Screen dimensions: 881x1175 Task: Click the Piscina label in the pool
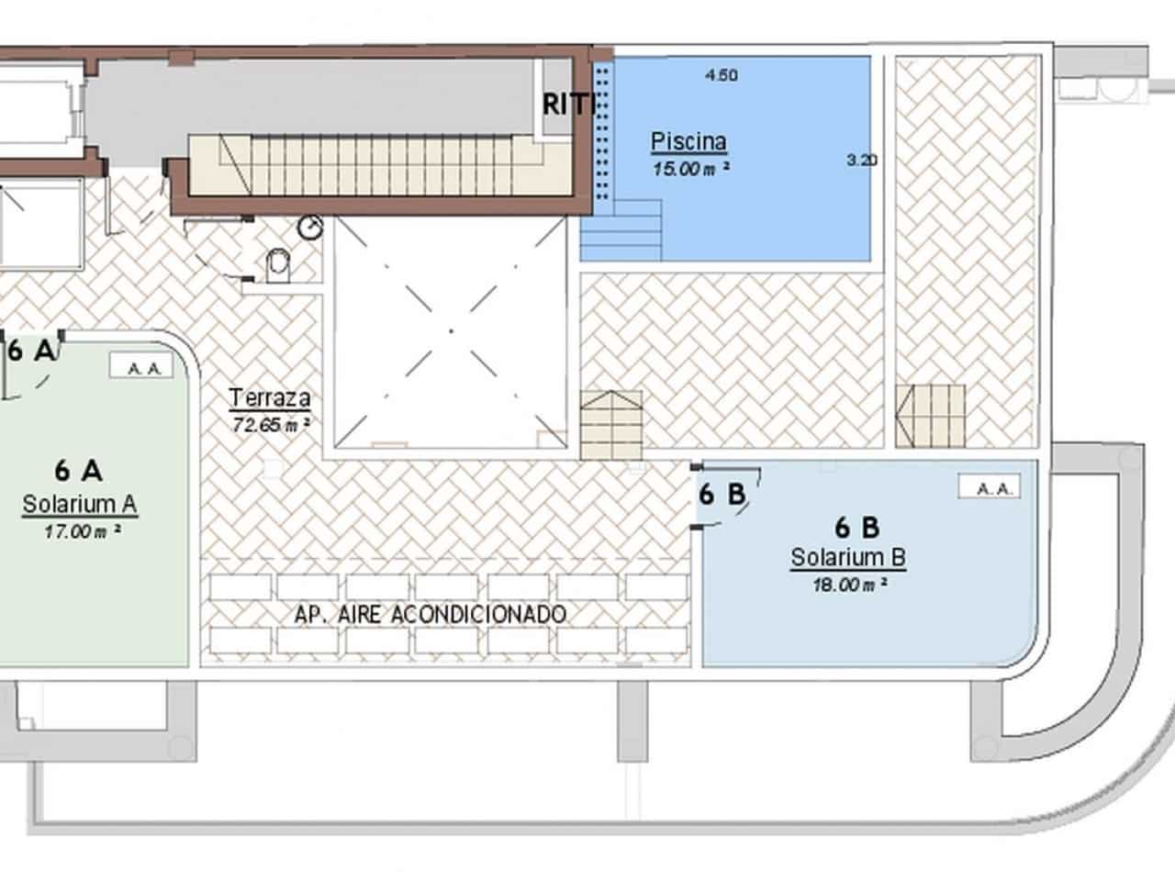coord(688,141)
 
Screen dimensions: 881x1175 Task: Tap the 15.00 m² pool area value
coord(690,169)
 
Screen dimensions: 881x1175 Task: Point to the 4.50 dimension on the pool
coord(722,75)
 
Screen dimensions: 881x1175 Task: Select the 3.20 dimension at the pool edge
coord(862,160)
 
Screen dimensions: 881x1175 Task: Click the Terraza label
coord(269,398)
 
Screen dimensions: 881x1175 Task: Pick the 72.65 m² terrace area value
coord(271,425)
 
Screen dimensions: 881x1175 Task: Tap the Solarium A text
coord(80,504)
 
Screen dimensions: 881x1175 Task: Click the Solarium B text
coord(848,557)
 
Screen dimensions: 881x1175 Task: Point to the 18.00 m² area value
coord(849,585)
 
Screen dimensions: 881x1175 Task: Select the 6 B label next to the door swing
coord(722,495)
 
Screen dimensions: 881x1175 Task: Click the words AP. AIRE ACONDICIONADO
coord(431,614)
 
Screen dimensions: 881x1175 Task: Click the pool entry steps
coord(621,229)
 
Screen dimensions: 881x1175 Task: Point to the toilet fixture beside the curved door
coord(275,267)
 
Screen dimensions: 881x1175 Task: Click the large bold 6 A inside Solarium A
coord(78,471)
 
